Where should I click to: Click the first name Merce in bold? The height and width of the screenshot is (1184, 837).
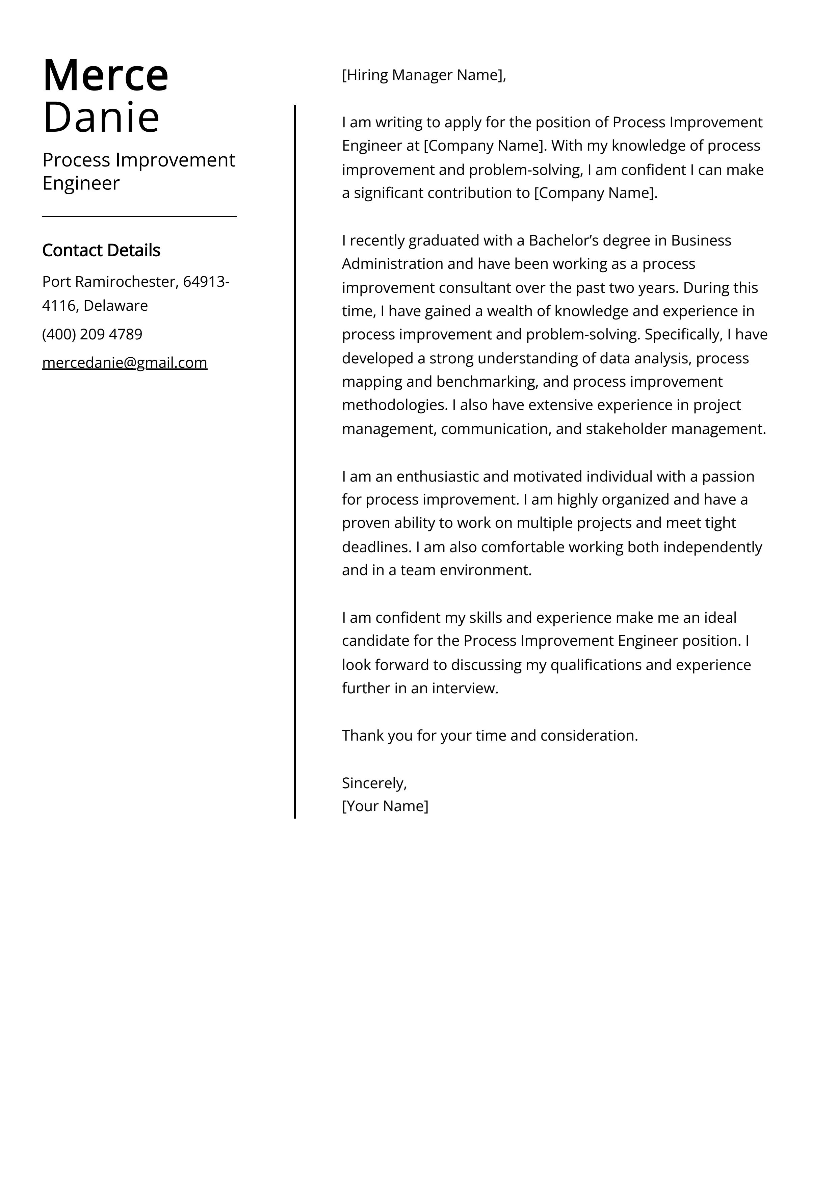pyautogui.click(x=105, y=76)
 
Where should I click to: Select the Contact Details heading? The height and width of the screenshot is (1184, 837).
pyautogui.click(x=101, y=250)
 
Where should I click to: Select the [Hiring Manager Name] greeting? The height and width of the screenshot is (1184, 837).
pyautogui.click(x=423, y=75)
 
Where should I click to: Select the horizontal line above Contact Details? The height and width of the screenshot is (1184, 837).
pyautogui.click(x=139, y=216)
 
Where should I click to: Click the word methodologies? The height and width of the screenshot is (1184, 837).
pyautogui.click(x=394, y=405)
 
